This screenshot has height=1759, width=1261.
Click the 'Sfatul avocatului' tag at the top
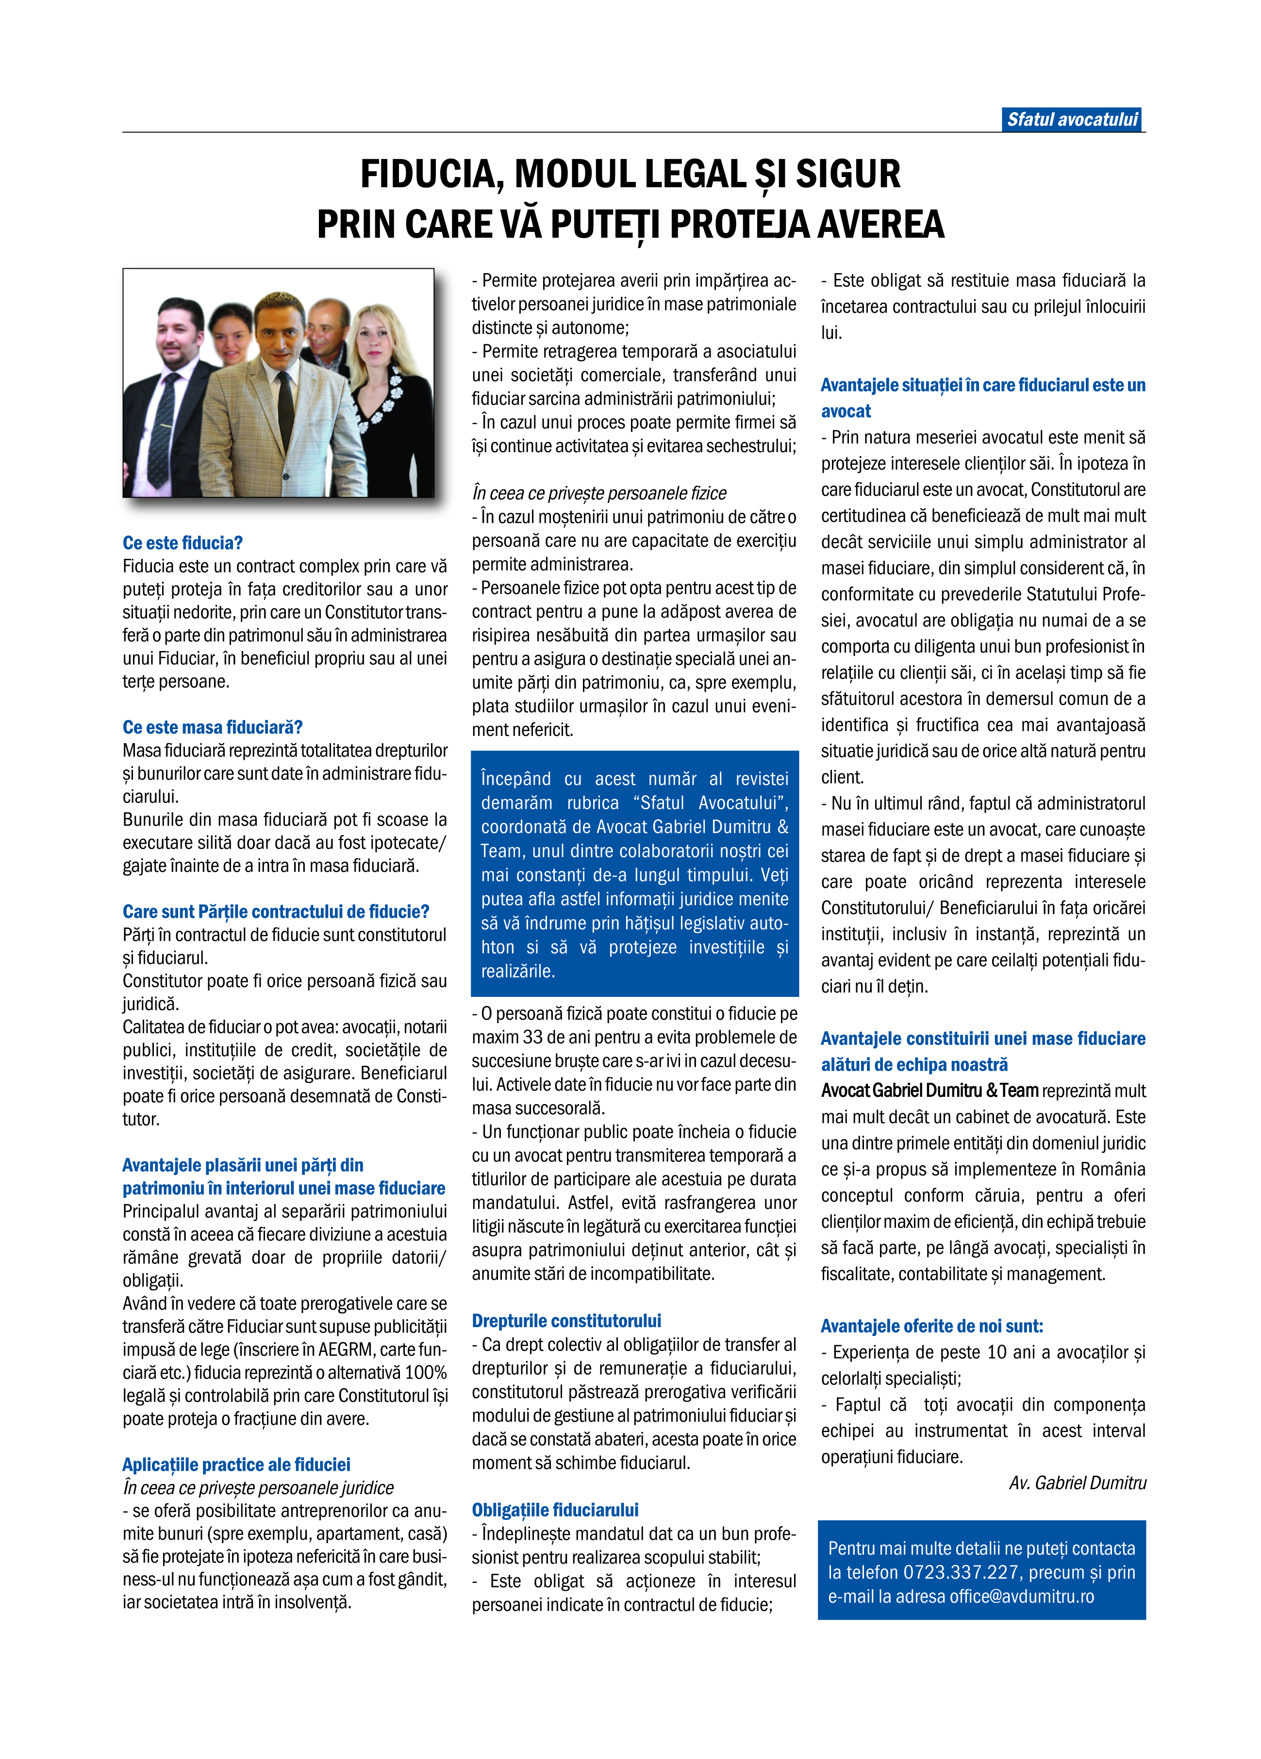click(1072, 119)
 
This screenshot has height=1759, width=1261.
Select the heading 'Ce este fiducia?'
click(183, 543)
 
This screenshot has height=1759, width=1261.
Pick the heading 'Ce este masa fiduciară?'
click(212, 728)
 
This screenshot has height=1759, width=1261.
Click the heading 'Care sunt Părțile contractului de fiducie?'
click(276, 912)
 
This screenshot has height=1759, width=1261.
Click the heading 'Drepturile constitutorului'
click(566, 1321)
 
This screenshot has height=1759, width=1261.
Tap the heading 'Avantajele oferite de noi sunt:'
click(932, 1326)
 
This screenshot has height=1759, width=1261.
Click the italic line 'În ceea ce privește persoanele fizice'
click(599, 493)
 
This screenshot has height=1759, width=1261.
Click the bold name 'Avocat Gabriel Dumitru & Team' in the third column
click(929, 1091)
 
